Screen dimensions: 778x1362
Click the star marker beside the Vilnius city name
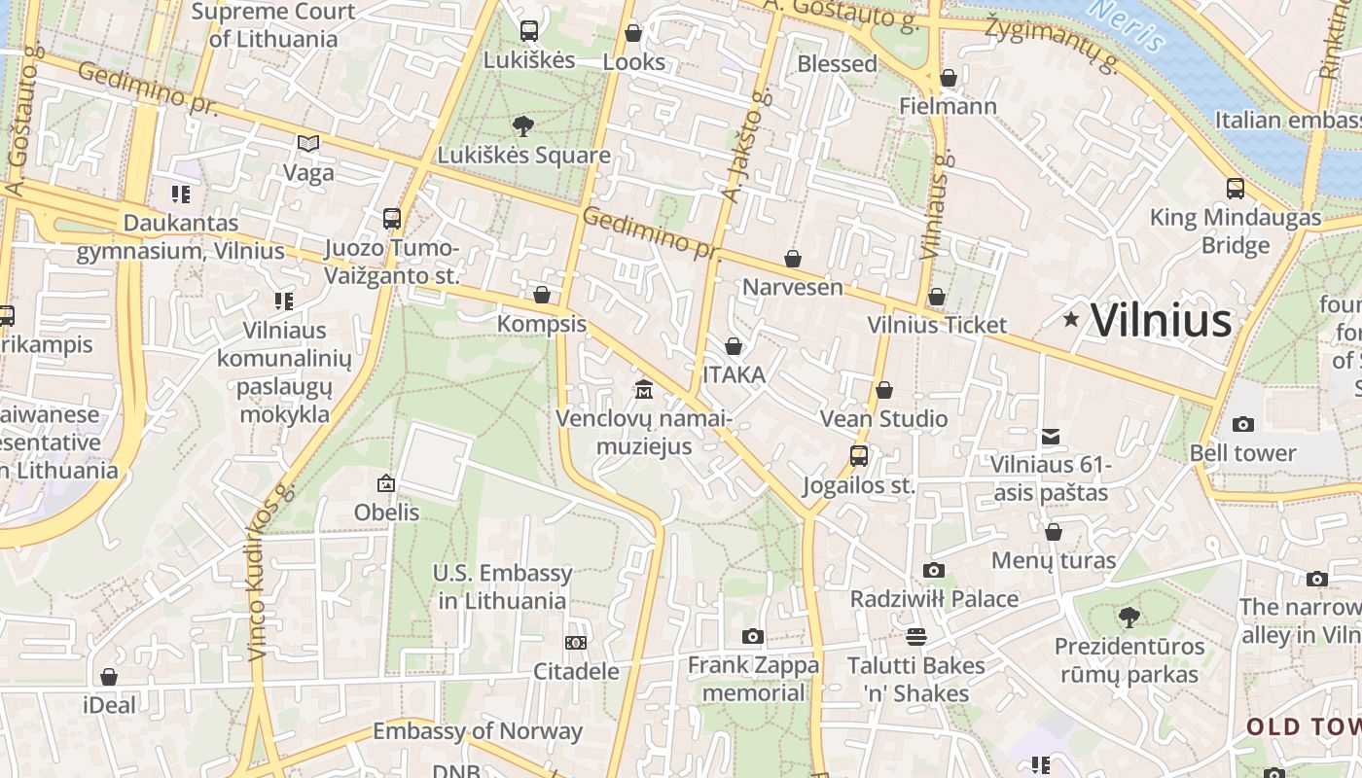(x=1071, y=319)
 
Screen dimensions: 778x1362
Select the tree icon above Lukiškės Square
(x=523, y=125)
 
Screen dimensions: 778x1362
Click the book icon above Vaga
(x=308, y=144)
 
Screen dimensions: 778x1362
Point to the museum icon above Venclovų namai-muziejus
(x=643, y=390)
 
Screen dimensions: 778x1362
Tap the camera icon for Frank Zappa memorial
(x=752, y=636)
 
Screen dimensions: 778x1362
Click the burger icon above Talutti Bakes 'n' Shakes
(x=915, y=637)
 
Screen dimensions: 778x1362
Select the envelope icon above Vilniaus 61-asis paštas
(x=1051, y=437)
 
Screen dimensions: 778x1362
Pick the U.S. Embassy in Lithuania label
(x=502, y=587)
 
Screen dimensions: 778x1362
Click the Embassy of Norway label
(x=478, y=731)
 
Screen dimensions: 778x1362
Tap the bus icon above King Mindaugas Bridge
(x=1235, y=189)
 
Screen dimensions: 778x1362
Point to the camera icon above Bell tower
(x=1242, y=424)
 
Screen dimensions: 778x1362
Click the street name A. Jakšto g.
(x=744, y=146)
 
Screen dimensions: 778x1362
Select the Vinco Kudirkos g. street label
(x=269, y=574)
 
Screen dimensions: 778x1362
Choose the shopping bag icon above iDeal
(x=109, y=677)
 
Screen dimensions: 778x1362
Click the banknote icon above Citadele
(x=576, y=643)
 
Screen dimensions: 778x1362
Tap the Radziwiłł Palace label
(x=934, y=599)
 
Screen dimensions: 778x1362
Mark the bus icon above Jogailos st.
(x=858, y=456)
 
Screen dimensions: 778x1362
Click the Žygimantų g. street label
(x=1054, y=43)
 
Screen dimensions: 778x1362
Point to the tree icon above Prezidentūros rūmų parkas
(x=1129, y=617)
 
